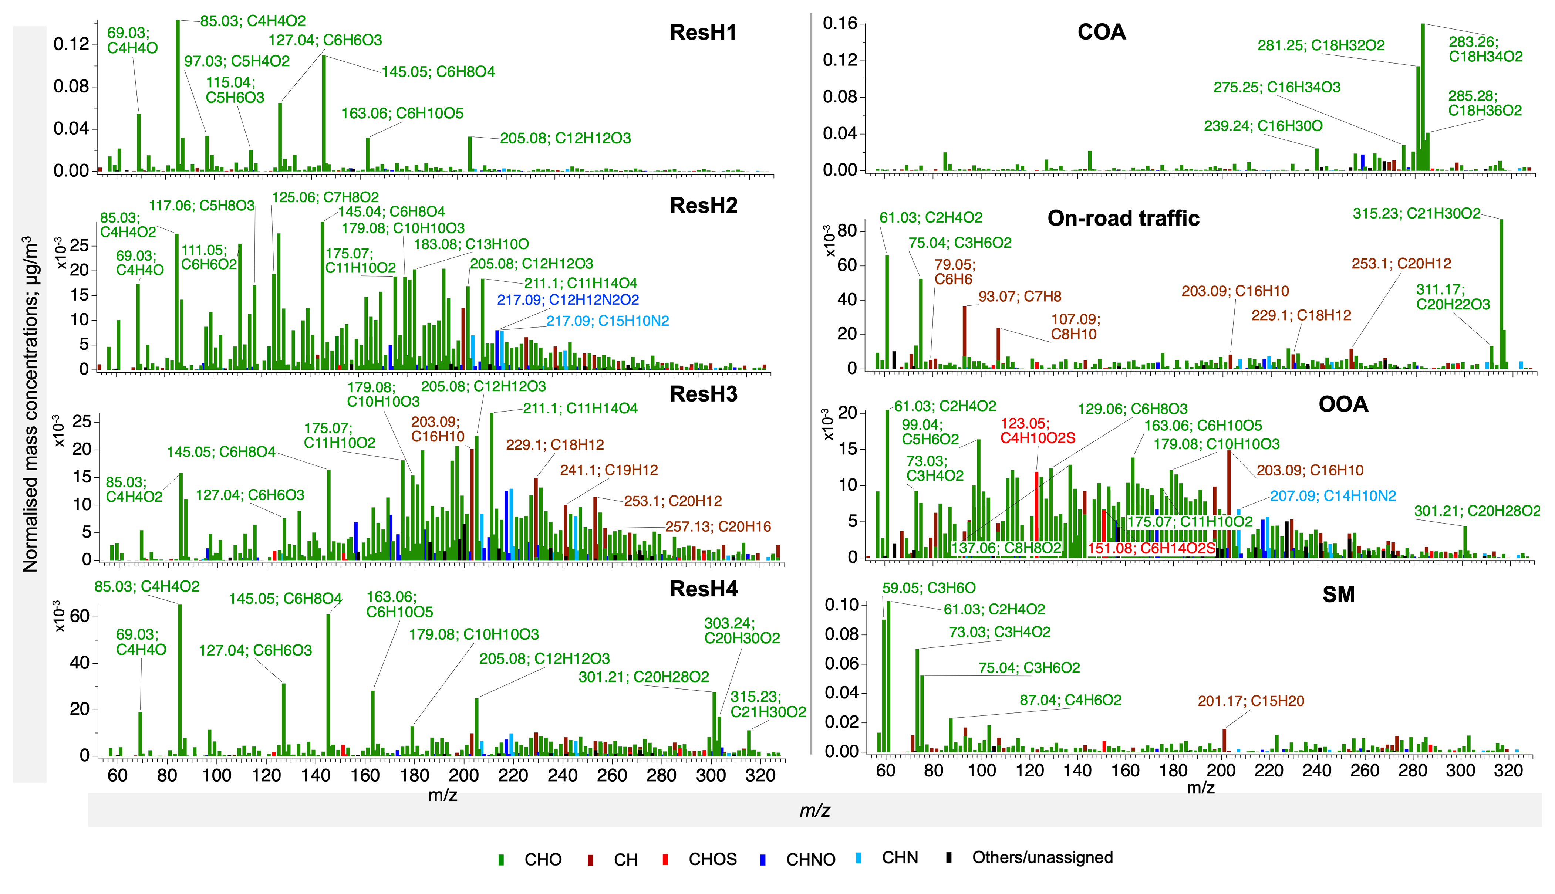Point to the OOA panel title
[x=1343, y=404]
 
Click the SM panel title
[x=1338, y=595]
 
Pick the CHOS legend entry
[x=712, y=859]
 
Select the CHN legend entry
[x=899, y=858]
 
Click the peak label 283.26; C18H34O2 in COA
[x=1485, y=49]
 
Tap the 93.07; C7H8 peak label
[x=1019, y=297]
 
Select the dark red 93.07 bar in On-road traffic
[x=964, y=336]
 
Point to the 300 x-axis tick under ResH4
[x=711, y=775]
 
